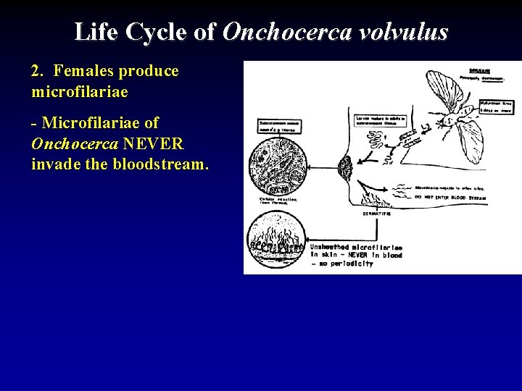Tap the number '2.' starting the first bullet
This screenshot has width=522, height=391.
[38, 71]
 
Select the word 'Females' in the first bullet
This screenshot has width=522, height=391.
[80, 71]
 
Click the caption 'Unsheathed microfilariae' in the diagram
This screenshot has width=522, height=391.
[355, 248]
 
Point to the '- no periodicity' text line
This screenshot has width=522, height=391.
[344, 264]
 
